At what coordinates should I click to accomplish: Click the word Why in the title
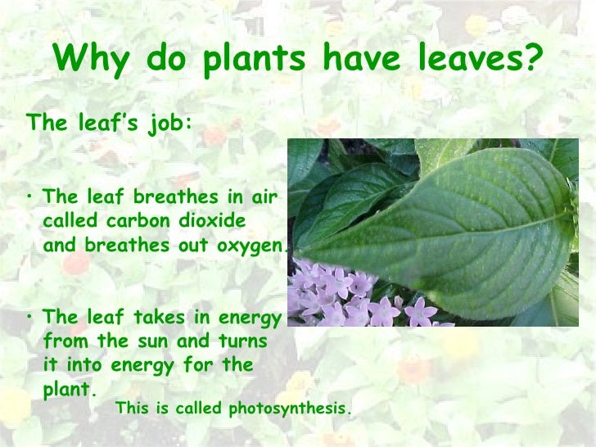[90, 58]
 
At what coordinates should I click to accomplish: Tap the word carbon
[144, 221]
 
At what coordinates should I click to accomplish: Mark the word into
[79, 365]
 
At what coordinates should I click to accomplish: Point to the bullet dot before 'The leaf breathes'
[30, 196]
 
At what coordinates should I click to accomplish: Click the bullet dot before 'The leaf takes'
[30, 316]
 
